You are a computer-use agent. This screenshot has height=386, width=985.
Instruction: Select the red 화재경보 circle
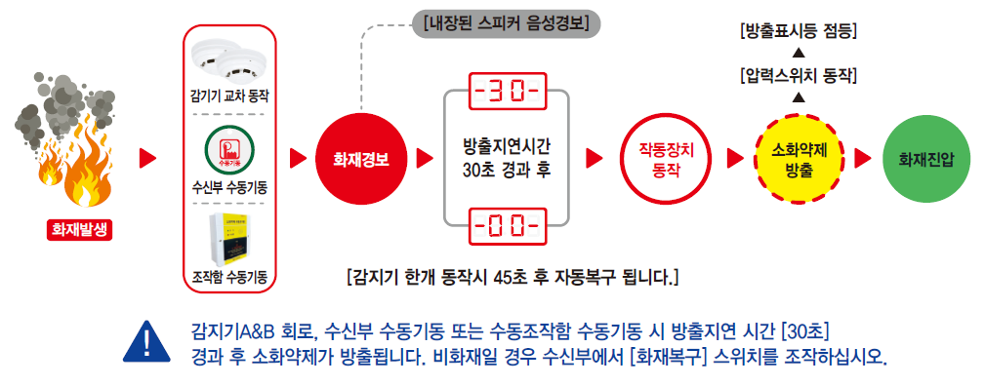click(x=361, y=159)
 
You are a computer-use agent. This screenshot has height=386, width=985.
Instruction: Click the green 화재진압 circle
click(x=925, y=159)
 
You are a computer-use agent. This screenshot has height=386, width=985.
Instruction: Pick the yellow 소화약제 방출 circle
click(x=798, y=159)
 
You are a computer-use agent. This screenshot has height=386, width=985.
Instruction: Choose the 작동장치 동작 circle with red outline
click(x=666, y=159)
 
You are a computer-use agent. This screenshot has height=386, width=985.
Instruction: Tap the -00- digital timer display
click(x=508, y=224)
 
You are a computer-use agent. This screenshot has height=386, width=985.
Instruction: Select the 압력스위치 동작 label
click(x=799, y=77)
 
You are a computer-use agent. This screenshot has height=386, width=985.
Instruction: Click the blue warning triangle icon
click(x=146, y=343)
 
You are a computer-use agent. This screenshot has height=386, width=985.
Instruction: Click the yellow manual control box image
click(x=230, y=241)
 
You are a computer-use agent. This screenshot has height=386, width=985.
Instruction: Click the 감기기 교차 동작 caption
click(x=229, y=97)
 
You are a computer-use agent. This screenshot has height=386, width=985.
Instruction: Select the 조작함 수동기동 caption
click(x=229, y=277)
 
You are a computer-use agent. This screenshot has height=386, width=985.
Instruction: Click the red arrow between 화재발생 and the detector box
click(x=147, y=159)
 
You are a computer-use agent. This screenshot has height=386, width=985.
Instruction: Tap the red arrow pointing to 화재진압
click(x=863, y=159)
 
